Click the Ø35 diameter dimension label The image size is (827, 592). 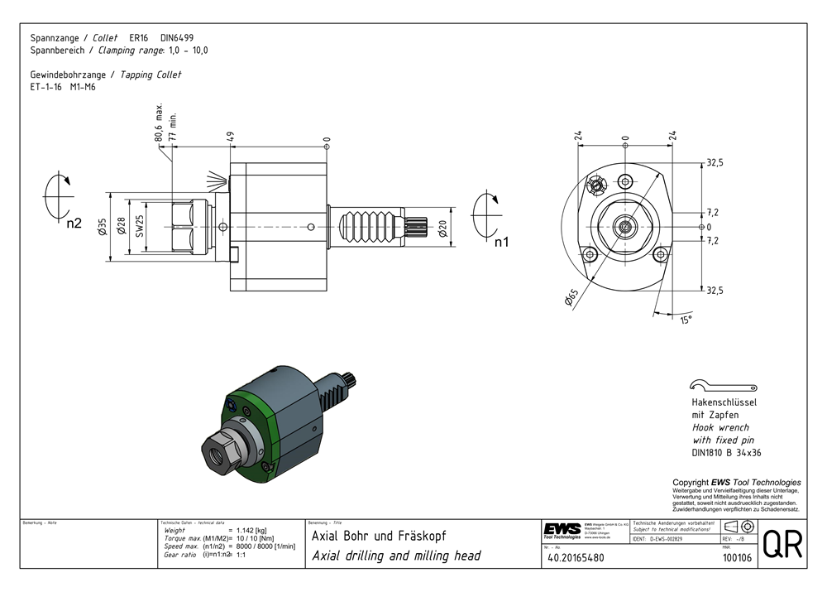coord(102,227)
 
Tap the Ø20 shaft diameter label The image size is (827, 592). coord(444,228)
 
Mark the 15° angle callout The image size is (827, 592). coord(686,320)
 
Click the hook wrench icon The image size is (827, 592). coord(722,385)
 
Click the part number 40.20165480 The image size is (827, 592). coord(576,559)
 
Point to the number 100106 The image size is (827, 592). coord(736,559)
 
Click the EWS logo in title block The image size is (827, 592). coord(562,529)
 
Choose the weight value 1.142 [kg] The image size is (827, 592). coord(251,530)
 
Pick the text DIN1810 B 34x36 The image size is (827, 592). coord(725,453)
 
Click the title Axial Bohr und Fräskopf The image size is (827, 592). coord(379,536)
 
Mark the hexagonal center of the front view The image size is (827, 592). coord(626,225)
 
